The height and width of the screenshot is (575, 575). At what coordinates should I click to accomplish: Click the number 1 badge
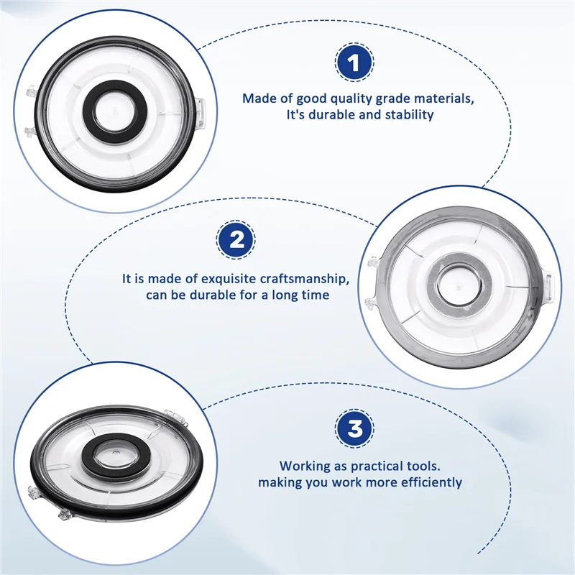point(353,63)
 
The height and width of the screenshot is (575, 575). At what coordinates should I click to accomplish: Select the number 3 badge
point(354,429)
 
